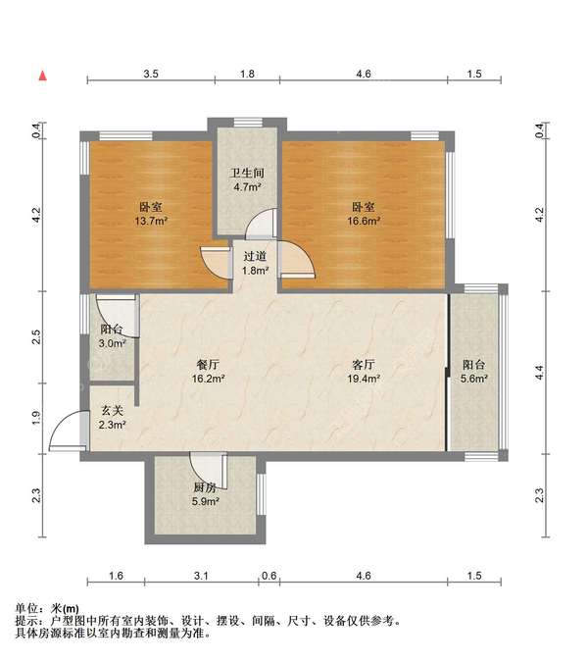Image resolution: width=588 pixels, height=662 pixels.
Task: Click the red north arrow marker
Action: (x=42, y=76)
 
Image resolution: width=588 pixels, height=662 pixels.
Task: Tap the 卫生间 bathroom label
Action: (x=247, y=173)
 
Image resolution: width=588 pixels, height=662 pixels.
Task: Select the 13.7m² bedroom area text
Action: (x=152, y=221)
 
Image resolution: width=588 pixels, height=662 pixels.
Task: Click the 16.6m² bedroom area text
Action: (x=364, y=221)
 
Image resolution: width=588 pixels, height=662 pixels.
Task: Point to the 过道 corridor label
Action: (x=255, y=256)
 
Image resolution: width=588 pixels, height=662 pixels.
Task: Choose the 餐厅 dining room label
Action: (x=208, y=365)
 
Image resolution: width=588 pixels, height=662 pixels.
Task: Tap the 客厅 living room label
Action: (x=364, y=365)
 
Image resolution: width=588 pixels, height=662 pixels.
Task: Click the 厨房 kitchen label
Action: (x=205, y=487)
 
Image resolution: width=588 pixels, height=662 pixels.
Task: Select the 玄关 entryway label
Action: (x=112, y=410)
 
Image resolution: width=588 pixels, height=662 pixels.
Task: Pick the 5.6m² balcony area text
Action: (x=474, y=379)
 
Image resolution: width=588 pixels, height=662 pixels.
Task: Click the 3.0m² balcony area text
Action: (x=112, y=343)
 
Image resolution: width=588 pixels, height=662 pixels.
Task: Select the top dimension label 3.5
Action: (x=151, y=74)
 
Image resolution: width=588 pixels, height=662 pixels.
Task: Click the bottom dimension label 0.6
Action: (x=269, y=576)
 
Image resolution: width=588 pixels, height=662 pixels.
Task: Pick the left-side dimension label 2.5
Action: (x=36, y=336)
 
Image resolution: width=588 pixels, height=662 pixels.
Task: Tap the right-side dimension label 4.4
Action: (x=540, y=373)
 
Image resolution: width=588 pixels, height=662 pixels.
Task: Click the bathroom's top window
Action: (x=248, y=123)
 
